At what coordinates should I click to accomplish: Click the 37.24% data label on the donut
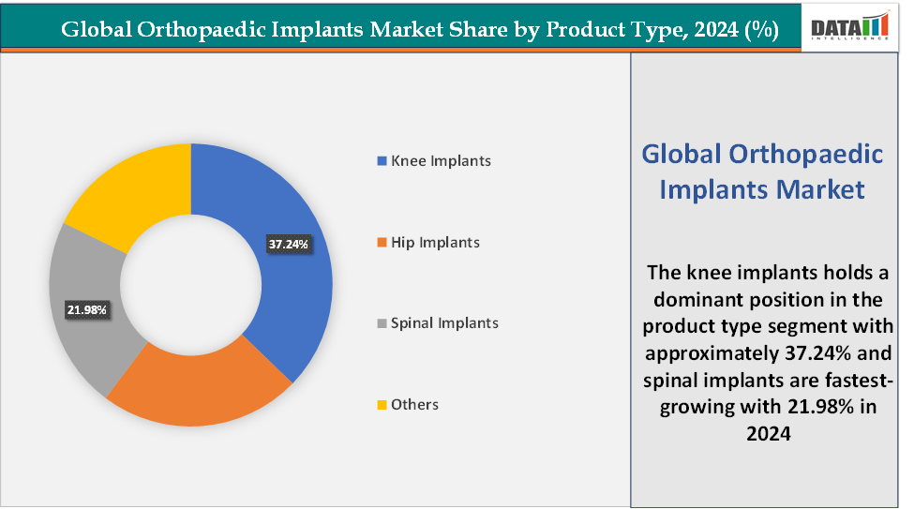click(289, 245)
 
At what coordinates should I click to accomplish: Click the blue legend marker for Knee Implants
click(381, 161)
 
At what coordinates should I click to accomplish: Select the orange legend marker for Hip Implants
click(381, 243)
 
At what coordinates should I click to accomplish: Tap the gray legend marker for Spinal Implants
click(381, 323)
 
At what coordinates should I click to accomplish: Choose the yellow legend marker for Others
click(381, 405)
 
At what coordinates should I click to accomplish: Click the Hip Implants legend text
click(435, 243)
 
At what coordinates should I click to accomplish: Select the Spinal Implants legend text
click(444, 323)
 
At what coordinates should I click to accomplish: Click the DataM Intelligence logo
click(849, 27)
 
